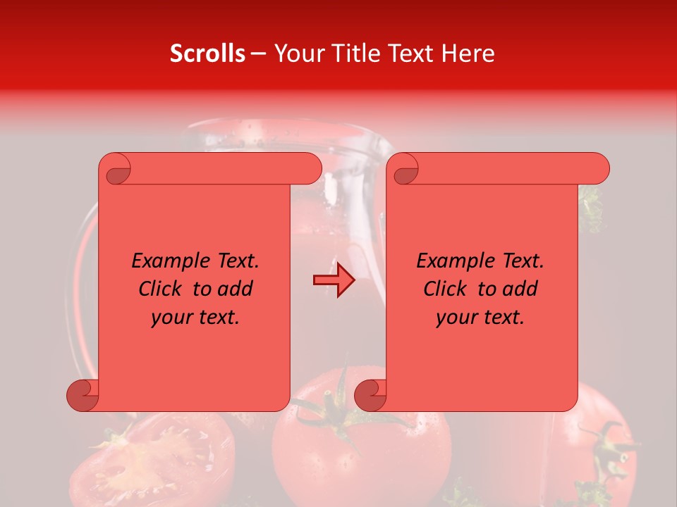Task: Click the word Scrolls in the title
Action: pos(207,54)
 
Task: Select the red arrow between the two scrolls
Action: pos(334,281)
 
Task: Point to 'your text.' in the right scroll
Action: pos(480,317)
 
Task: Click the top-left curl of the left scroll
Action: pos(116,169)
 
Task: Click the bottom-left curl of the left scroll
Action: pos(83,395)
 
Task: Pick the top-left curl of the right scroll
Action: pos(403,169)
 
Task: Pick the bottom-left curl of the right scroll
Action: pos(370,395)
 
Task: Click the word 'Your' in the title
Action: pos(297,54)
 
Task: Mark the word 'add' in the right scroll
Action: pos(520,289)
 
